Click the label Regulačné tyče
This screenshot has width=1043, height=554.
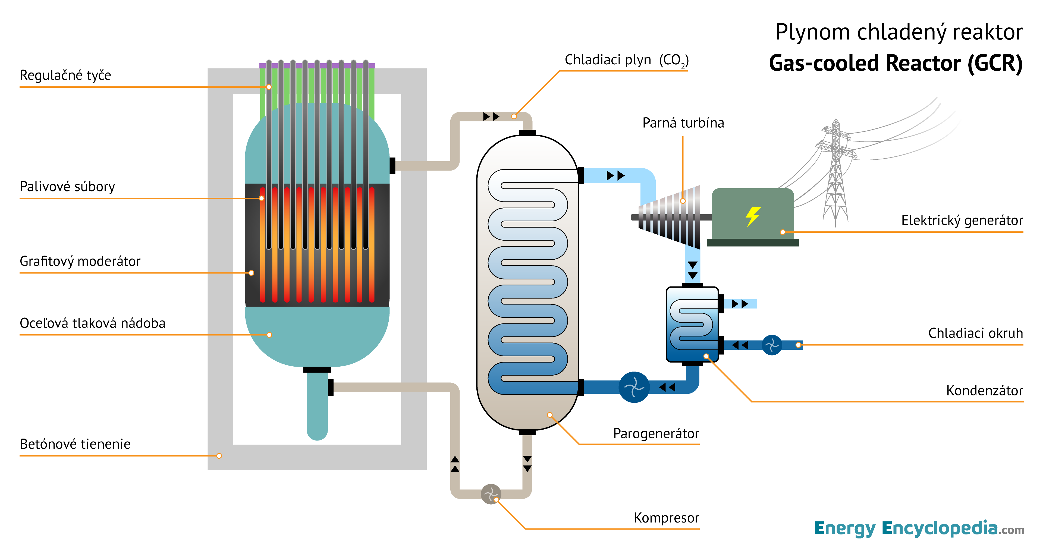(65, 75)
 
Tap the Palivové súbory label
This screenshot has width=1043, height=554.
(67, 187)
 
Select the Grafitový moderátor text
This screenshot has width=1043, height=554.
(80, 261)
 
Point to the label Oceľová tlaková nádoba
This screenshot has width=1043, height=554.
(92, 323)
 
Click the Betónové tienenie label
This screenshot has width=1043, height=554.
(75, 444)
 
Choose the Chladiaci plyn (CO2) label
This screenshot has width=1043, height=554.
(626, 60)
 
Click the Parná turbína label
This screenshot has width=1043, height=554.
(683, 123)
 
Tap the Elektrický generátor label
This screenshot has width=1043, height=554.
(962, 221)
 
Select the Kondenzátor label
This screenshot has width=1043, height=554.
(984, 391)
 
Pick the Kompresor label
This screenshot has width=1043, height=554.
(666, 518)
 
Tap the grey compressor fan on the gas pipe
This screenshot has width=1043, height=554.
(491, 494)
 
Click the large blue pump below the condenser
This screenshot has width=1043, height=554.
(634, 387)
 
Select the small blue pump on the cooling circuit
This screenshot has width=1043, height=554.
(772, 345)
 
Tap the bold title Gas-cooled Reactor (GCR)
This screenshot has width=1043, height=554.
(895, 64)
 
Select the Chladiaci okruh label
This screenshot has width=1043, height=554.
(975, 333)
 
